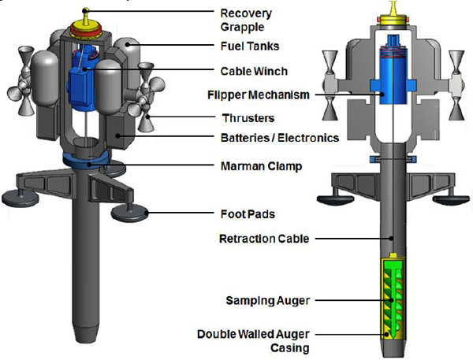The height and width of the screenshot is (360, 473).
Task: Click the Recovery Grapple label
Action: click(246, 20)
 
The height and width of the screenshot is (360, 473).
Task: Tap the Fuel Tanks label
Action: click(250, 46)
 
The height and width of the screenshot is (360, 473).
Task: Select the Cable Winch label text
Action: click(254, 71)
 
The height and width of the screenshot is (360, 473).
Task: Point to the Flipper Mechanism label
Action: click(259, 95)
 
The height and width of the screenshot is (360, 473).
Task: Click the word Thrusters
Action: click(248, 118)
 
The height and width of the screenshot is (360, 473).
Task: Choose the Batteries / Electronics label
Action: click(280, 138)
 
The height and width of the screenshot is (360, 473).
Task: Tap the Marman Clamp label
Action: click(261, 166)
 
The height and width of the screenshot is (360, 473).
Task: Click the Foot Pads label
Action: click(248, 214)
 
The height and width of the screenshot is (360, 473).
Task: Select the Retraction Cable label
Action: click(264, 239)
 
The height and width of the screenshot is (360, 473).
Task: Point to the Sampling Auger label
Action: click(268, 301)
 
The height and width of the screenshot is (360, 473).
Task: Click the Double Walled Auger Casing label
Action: click(253, 341)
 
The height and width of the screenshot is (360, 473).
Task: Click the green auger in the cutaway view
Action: click(391, 299)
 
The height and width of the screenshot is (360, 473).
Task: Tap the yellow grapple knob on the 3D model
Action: click(86, 11)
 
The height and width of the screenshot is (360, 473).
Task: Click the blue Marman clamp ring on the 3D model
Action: click(86, 161)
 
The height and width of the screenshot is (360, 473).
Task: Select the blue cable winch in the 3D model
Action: click(82, 79)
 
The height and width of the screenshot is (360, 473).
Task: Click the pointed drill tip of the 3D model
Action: click(85, 334)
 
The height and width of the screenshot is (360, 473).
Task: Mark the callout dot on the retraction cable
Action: click(391, 238)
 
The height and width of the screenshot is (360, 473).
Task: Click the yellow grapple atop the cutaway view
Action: click(393, 14)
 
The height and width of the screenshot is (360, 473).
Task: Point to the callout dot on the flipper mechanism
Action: click(382, 94)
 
